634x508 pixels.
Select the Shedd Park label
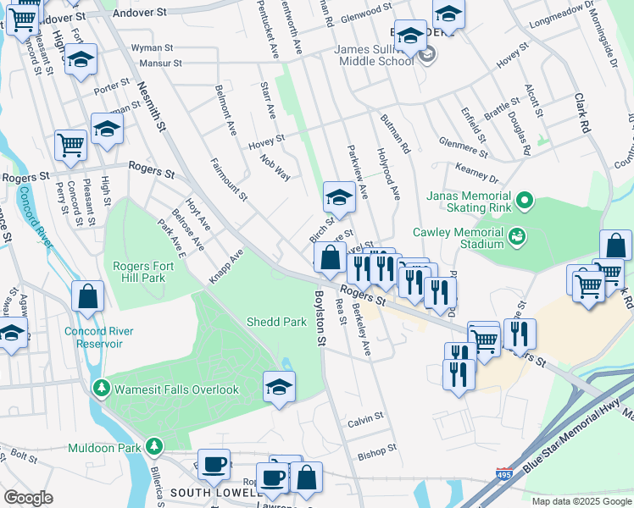[276, 322]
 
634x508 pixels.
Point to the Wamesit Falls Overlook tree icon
[100, 389]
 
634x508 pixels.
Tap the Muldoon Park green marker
[153, 445]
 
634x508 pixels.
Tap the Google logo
[29, 498]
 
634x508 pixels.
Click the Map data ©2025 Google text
[581, 501]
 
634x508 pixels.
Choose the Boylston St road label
[320, 317]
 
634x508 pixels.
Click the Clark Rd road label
[584, 113]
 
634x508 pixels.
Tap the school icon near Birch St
[338, 197]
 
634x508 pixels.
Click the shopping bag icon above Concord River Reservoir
[88, 295]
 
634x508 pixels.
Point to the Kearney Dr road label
[476, 172]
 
